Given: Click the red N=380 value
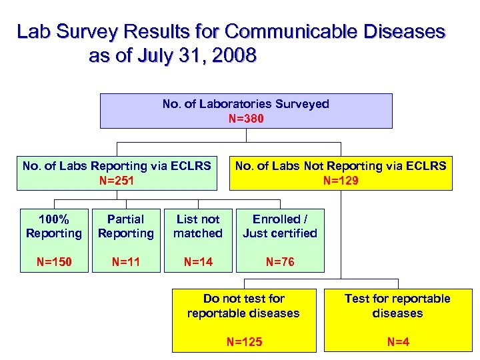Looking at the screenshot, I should [x=245, y=119].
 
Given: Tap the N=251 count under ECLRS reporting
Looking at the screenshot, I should [x=117, y=180].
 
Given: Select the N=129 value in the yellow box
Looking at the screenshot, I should [x=341, y=180].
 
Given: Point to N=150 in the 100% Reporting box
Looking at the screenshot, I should [x=53, y=262].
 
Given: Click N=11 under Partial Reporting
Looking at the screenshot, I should [x=125, y=262].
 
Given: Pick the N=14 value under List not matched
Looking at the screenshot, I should [x=197, y=262].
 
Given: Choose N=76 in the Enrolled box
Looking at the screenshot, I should [x=280, y=262].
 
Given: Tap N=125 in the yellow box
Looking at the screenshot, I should [x=244, y=342].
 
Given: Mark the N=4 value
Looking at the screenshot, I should [x=397, y=342].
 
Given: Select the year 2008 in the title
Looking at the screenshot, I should [x=232, y=56].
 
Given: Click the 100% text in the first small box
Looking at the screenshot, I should [x=53, y=219].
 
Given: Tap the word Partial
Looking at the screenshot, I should [x=125, y=219].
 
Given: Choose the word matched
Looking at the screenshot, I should [x=197, y=233].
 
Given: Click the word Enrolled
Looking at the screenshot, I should [x=275, y=219].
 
